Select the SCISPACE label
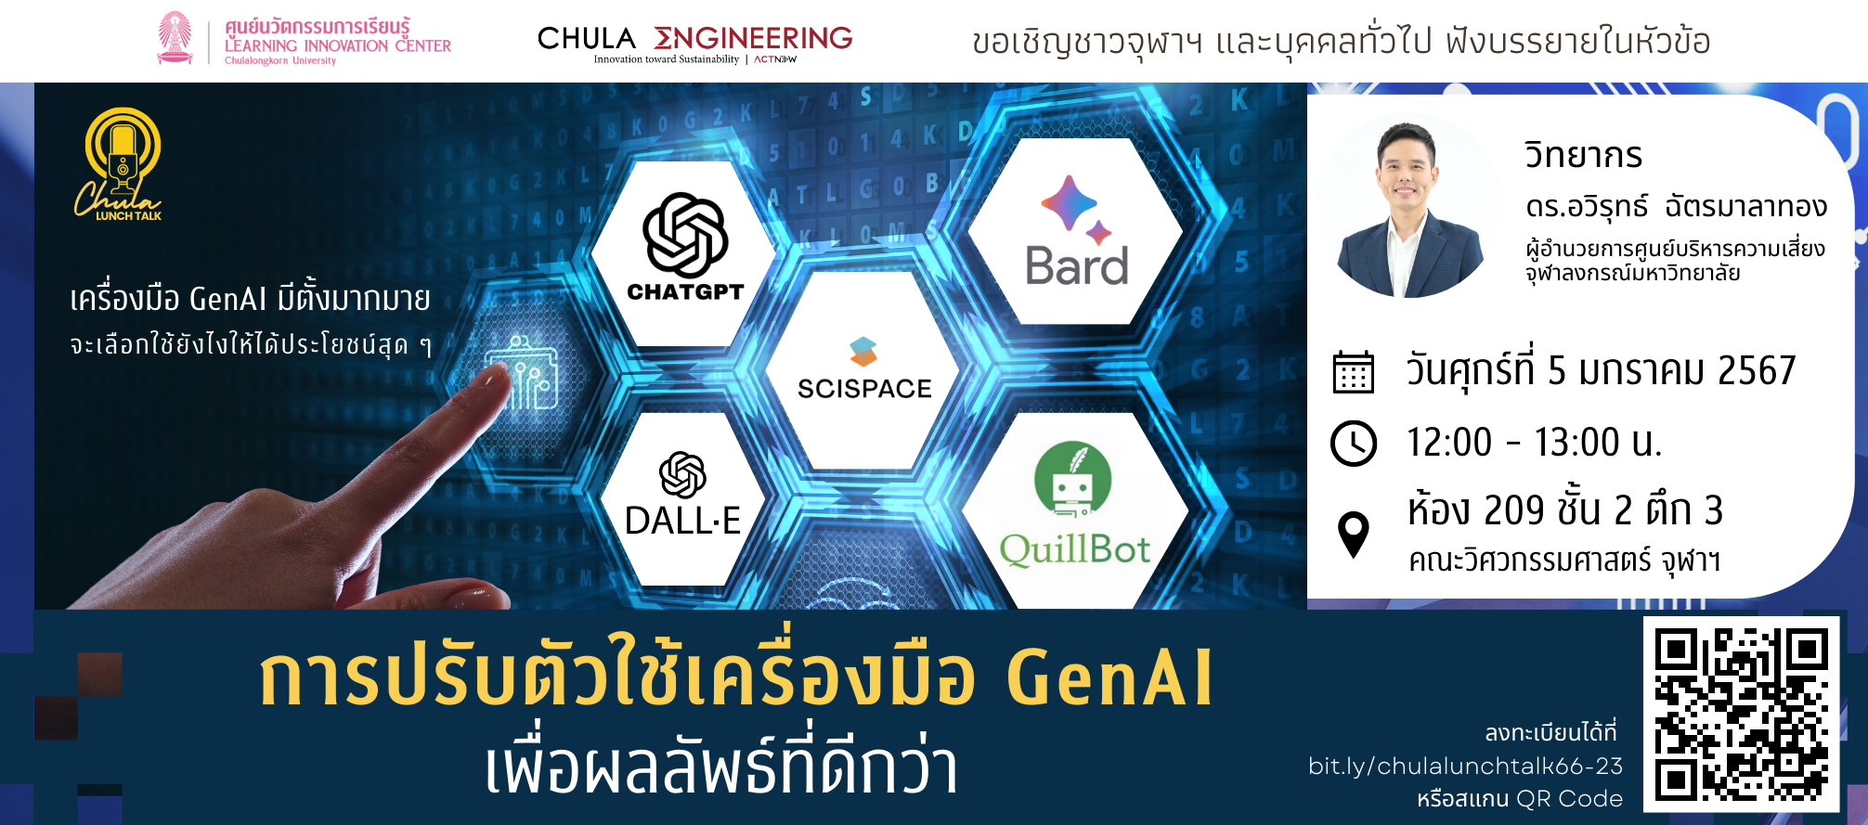click(x=864, y=388)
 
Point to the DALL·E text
click(x=683, y=521)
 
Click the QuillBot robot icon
click(x=1073, y=479)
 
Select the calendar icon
click(x=1354, y=372)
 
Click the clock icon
click(x=1354, y=443)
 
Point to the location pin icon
click(x=1354, y=534)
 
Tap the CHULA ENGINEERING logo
click(x=694, y=43)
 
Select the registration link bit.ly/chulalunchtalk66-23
click(x=1465, y=766)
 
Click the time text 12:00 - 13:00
click(x=1533, y=443)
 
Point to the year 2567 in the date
click(x=1757, y=370)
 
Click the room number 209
click(x=1513, y=510)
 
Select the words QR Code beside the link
click(x=1570, y=798)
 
